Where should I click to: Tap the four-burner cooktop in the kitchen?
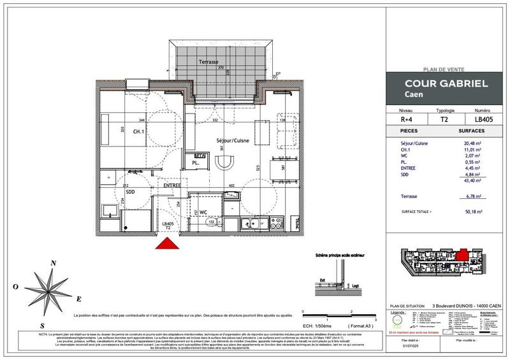tap(277, 223)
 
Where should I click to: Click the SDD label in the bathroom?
tap(129, 192)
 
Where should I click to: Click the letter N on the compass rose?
tap(54, 263)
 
